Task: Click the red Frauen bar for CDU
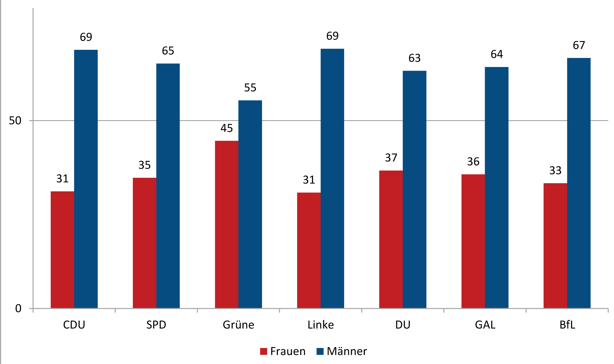tap(62, 250)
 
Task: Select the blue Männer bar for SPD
tap(168, 186)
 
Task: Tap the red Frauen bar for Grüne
tap(226, 224)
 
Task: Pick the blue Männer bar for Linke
tap(332, 178)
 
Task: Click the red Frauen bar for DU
tap(391, 239)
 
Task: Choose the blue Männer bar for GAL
tap(496, 187)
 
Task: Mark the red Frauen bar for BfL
tap(555, 245)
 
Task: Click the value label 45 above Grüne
tap(226, 128)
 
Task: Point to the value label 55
tap(250, 88)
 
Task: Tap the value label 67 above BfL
tap(579, 45)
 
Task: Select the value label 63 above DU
tap(414, 58)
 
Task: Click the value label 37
tap(391, 158)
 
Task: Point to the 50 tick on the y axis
tap(15, 121)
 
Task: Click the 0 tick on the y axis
tap(18, 308)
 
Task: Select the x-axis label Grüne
tap(238, 325)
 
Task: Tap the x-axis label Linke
tap(321, 325)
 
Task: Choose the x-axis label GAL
tap(485, 325)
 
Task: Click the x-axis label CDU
tap(74, 325)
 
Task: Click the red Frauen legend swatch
tap(264, 351)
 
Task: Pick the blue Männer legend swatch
tap(320, 351)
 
